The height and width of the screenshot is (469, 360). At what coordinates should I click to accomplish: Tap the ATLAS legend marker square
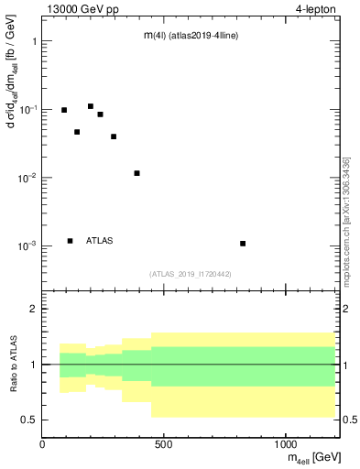pos(70,241)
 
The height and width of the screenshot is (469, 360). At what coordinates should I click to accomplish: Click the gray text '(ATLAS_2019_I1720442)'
pos(191,274)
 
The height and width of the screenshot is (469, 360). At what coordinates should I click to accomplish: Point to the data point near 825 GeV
pos(243,244)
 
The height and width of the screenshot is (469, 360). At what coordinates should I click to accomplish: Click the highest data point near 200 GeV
pos(91,106)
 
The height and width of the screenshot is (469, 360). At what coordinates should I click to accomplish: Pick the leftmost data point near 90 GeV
pos(64,110)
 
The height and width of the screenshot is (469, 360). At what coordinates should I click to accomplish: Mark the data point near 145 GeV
pos(77,132)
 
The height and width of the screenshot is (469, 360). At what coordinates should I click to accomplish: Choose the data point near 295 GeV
pos(114,136)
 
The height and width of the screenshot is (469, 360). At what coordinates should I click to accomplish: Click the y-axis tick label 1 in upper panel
pos(33,41)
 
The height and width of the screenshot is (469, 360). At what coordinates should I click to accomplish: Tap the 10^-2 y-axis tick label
pos(27,178)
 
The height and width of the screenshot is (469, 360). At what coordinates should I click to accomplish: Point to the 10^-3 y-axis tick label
pos(27,245)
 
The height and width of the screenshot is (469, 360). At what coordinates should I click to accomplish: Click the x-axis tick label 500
pos(164,442)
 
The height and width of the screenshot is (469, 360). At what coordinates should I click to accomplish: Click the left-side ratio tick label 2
pos(33,310)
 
